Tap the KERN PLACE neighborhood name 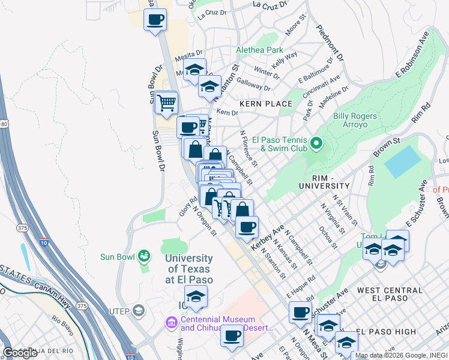[x=265, y=104]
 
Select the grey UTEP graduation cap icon [x=139, y=310]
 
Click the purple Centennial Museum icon [x=172, y=324]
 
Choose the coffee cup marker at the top [x=155, y=19]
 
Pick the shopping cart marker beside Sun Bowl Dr [x=166, y=103]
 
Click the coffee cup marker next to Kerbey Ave [x=246, y=227]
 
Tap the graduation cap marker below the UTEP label [x=196, y=296]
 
